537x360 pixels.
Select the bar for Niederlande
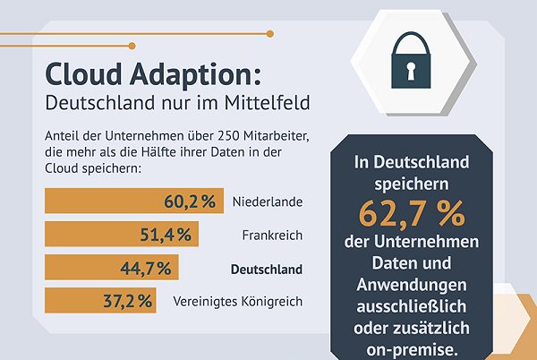click(x=132, y=201)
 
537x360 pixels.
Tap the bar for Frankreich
click(x=120, y=235)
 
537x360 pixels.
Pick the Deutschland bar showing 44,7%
click(x=111, y=268)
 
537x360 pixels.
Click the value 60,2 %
click(x=189, y=201)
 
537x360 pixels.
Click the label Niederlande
click(x=267, y=202)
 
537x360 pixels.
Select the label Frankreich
click(x=273, y=236)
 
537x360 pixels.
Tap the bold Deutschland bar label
click(x=267, y=269)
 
